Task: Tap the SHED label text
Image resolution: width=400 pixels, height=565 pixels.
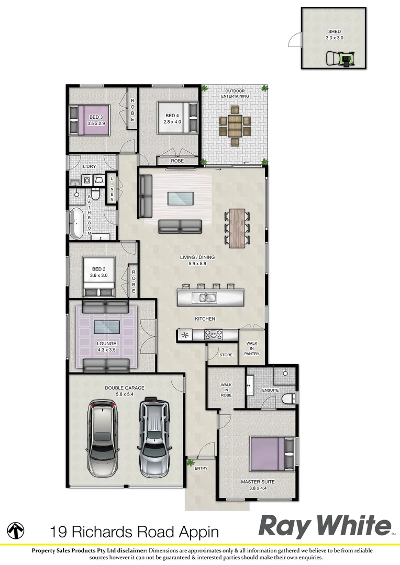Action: [333, 31]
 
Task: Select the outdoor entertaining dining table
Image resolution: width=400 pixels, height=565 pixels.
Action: [234, 124]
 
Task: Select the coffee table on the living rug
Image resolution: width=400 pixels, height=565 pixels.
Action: [180, 198]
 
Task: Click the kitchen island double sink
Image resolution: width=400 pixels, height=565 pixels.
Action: [205, 298]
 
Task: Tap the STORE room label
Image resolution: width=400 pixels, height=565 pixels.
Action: [226, 355]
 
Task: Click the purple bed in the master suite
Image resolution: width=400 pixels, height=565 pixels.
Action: [269, 454]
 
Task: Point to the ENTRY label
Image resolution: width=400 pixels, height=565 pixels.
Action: [201, 468]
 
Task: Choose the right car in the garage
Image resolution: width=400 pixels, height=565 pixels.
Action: [154, 436]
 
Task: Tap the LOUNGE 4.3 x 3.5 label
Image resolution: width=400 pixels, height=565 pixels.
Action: [106, 347]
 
